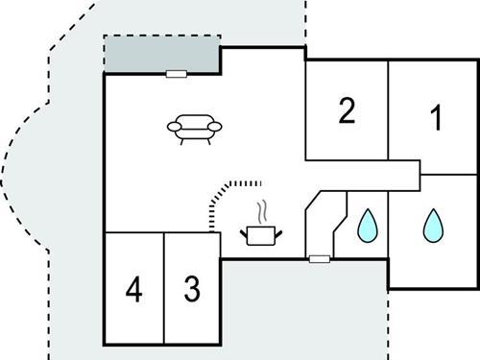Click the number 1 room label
[436, 120]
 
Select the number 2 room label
[347, 112]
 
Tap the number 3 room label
[192, 288]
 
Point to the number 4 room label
[133, 288]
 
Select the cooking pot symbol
[258, 234]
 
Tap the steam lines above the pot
[260, 211]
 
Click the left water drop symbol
[367, 227]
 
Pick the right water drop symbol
[434, 226]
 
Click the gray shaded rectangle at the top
[160, 55]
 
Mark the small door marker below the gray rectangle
[175, 73]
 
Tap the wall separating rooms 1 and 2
[389, 110]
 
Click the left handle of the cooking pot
[243, 230]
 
